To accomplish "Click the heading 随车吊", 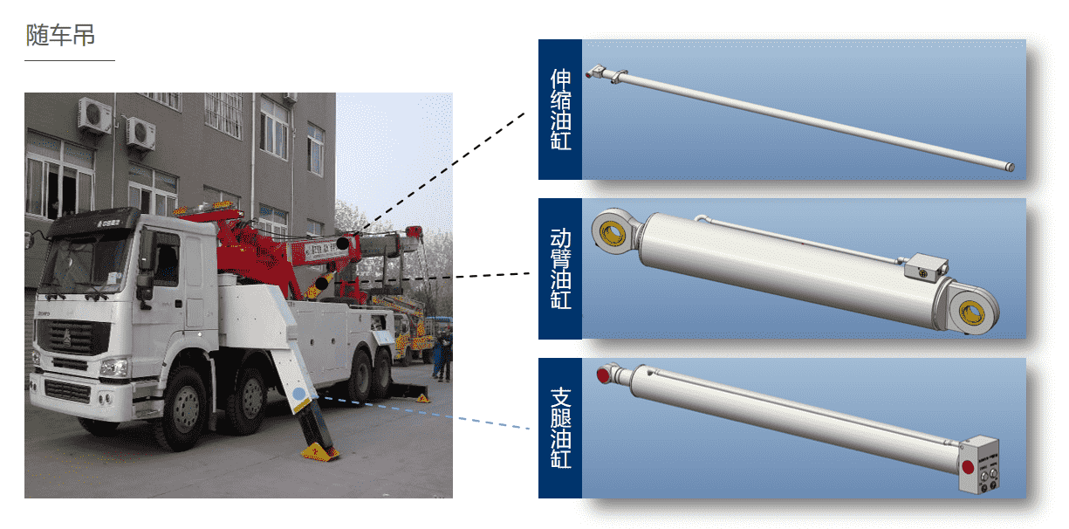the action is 60,35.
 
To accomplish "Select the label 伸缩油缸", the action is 560,109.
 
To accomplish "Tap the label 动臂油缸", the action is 560,269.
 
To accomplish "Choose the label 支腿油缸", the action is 560,428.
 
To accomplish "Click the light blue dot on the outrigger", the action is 299,394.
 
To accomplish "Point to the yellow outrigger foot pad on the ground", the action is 319,452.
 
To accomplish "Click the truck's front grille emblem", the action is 67,338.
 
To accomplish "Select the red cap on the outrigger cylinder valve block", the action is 968,467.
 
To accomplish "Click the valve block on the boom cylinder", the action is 926,267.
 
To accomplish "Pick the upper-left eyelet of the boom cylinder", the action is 613,232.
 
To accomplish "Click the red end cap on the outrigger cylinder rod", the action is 603,374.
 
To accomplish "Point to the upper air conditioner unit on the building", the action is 95,115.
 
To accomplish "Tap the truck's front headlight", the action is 113,368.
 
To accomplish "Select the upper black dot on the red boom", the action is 343,243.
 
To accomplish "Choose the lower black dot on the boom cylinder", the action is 322,284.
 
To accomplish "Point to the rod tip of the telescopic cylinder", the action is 1011,167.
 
